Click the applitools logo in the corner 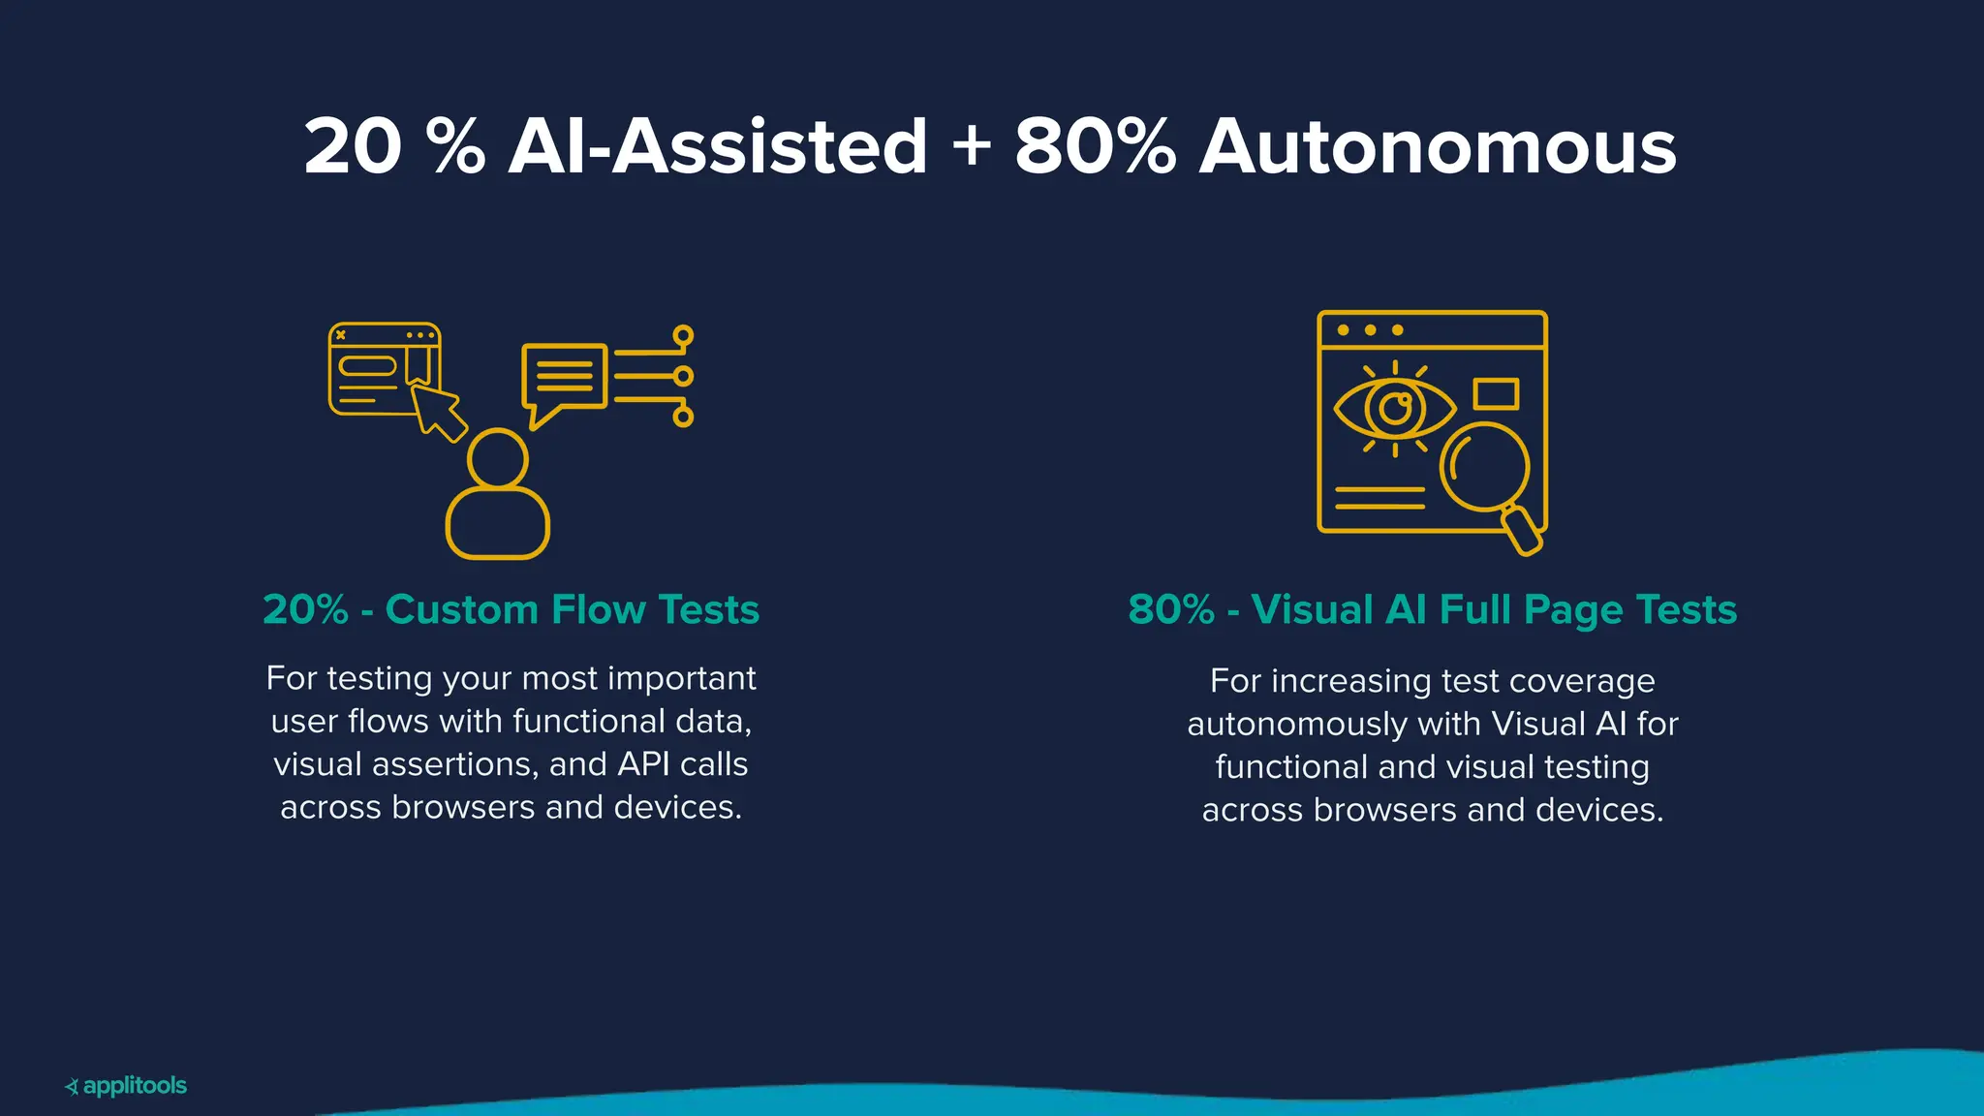(126, 1086)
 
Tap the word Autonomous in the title (1438, 147)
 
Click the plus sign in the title (971, 147)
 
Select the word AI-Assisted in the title (718, 147)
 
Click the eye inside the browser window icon (1394, 409)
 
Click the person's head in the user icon (497, 458)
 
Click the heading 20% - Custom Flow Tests (511, 609)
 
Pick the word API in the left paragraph (644, 764)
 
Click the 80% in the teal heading (1170, 609)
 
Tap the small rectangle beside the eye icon (1495, 394)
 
